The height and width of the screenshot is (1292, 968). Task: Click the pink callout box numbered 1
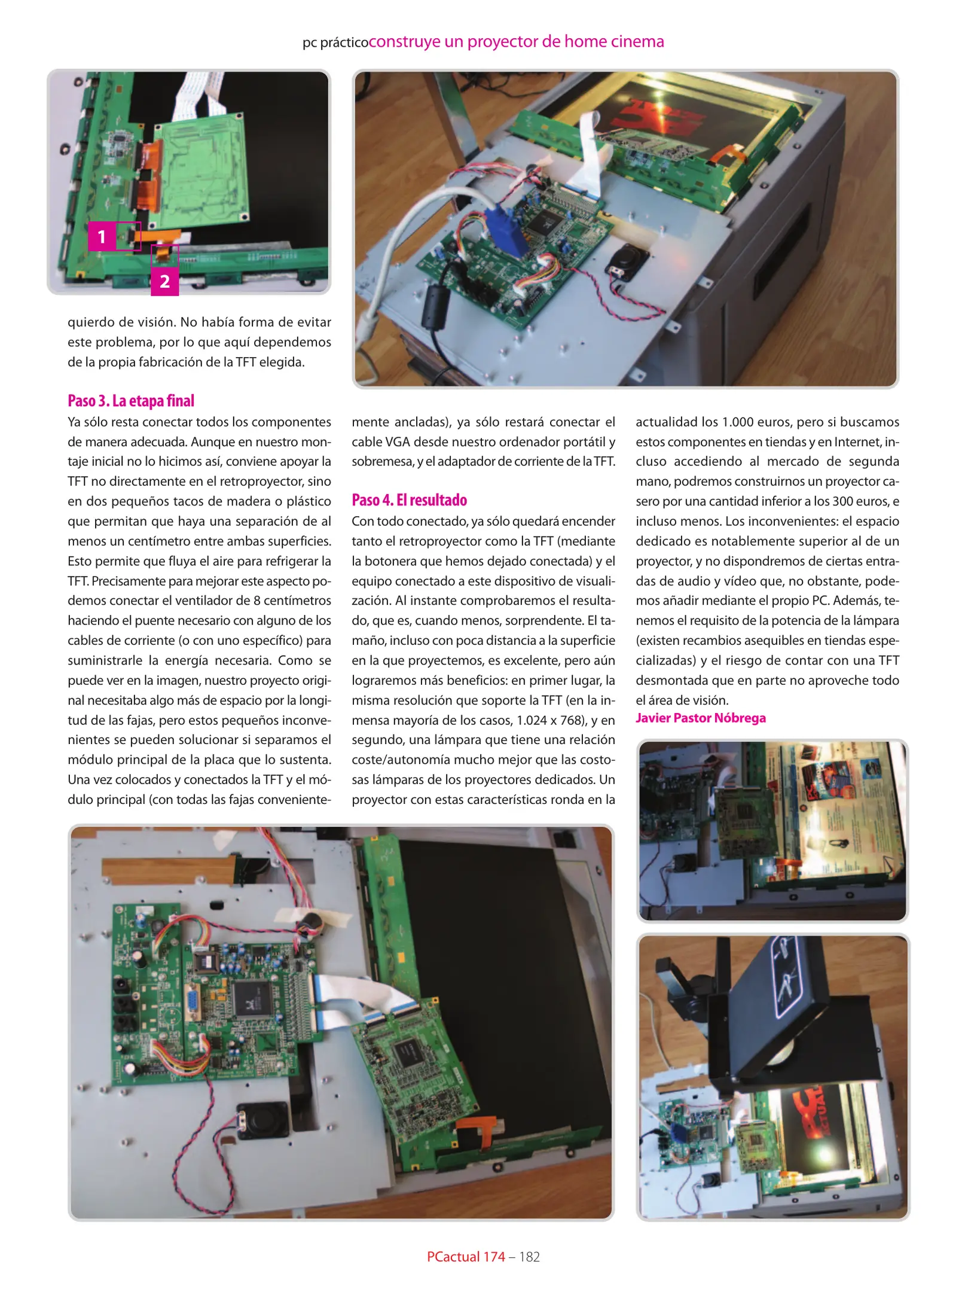coord(102,237)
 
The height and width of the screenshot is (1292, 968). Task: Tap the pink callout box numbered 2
coord(164,281)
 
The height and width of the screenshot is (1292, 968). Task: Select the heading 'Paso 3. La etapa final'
coord(131,401)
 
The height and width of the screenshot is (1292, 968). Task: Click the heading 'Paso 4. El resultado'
coord(409,500)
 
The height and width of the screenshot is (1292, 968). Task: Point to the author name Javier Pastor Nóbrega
coord(700,718)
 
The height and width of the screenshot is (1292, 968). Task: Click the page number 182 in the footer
coord(529,1257)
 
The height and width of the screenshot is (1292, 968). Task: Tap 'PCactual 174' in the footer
coord(466,1257)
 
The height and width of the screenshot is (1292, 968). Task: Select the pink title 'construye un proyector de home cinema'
coord(517,41)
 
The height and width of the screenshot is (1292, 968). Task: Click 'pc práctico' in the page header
coord(335,42)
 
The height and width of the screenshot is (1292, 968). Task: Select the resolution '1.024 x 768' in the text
coord(549,720)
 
